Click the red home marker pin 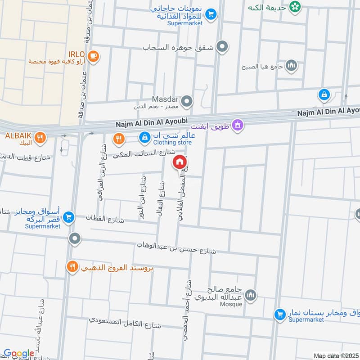pos(180,162)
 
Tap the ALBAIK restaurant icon pos(40,138)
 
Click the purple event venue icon pos(238,125)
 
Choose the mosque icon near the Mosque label pos(251,295)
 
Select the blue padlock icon pos(324,94)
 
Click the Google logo pos(18,354)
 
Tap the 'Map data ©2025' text pos(335,356)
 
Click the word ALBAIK pos(18,135)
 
